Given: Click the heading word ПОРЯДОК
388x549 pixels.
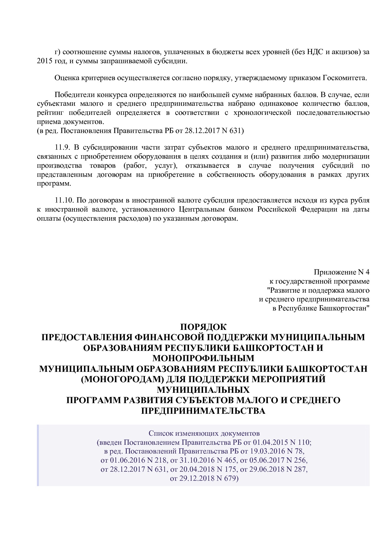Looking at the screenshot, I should click(x=203, y=327).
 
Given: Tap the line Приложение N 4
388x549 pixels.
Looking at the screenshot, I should click(x=341, y=272).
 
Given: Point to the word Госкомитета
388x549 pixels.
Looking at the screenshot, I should click(x=344, y=78).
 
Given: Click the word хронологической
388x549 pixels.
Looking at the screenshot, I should click(x=262, y=113).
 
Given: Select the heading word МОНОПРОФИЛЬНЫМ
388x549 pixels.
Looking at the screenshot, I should click(x=203, y=358).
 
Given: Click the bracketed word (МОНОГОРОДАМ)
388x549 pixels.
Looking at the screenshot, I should click(x=122, y=379).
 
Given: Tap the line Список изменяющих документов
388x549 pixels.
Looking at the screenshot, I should click(x=204, y=434).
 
